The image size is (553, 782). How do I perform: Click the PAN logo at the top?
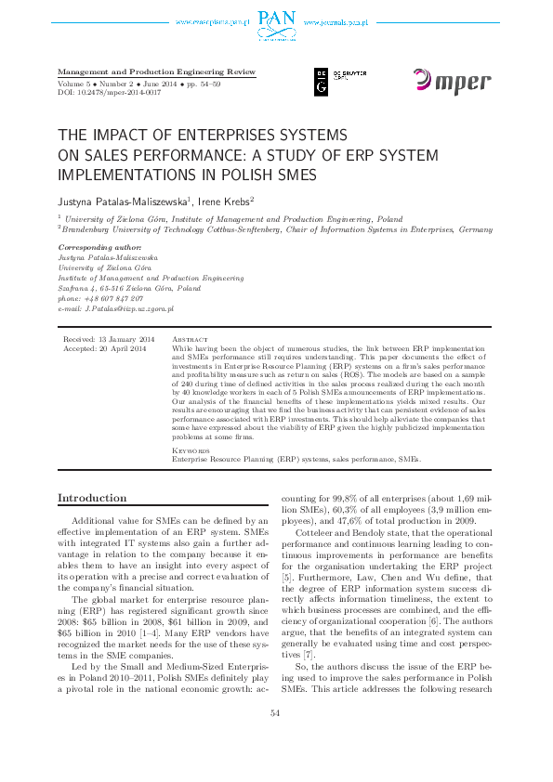[275, 17]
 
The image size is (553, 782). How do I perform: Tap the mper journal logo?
[452, 82]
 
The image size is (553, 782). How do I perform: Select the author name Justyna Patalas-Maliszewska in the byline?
[123, 200]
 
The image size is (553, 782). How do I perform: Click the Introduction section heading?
[92, 499]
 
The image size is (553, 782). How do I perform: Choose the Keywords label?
[191, 450]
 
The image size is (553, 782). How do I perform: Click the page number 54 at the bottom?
[275, 738]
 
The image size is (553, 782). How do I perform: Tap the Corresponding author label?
[99, 248]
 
